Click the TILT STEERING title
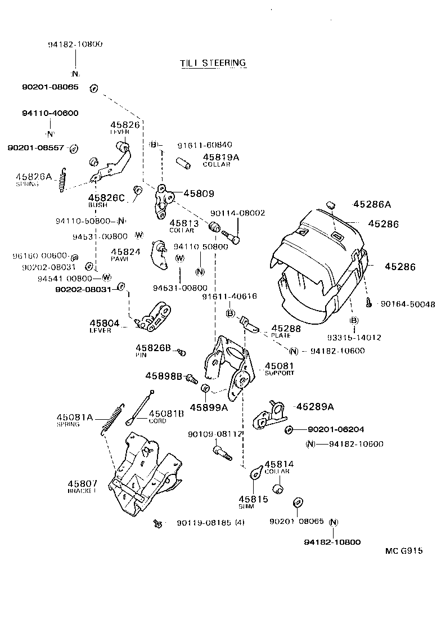tap(213, 63)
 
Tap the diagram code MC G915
tap(403, 551)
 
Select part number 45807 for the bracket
tap(83, 483)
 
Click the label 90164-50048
tap(407, 304)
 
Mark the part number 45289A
tap(315, 406)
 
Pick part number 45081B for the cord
tap(166, 414)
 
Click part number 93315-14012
tap(354, 338)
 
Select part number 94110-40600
tap(50, 113)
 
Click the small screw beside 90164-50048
tap(367, 303)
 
